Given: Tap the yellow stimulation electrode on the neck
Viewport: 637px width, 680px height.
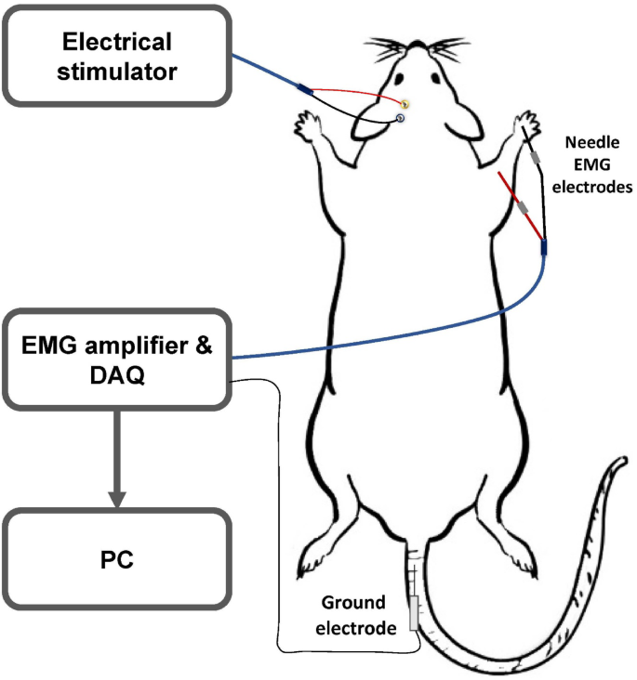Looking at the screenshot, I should pyautogui.click(x=405, y=102).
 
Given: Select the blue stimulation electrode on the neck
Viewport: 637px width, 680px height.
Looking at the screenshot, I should pyautogui.click(x=401, y=118).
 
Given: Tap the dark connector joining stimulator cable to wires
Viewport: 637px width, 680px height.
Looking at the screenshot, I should pyautogui.click(x=304, y=89).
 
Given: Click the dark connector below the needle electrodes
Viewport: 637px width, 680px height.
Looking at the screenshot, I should pyautogui.click(x=544, y=247).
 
